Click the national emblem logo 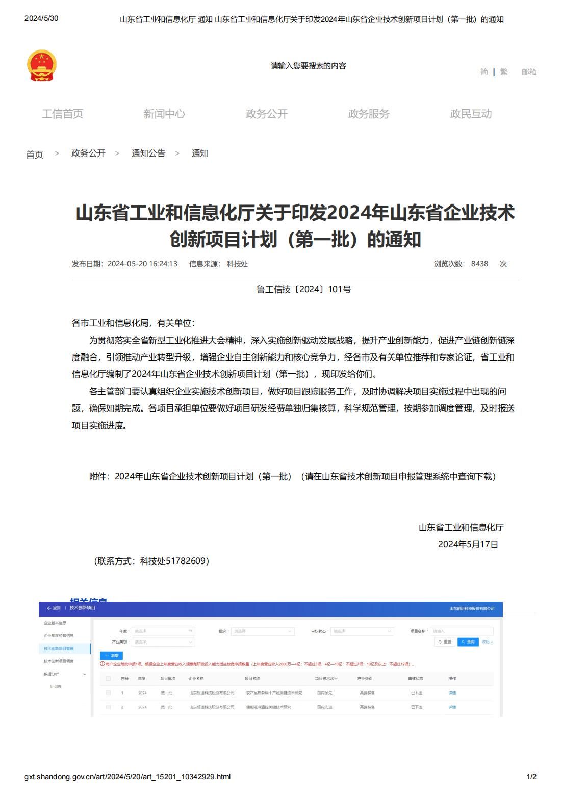41,65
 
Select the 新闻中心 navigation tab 164,114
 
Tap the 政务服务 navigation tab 368,114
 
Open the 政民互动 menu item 471,114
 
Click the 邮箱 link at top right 529,72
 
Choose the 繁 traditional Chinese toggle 504,72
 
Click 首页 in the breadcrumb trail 35,154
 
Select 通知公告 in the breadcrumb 148,153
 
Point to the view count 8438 479,264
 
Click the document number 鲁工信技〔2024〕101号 303,289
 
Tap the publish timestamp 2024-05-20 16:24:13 142,264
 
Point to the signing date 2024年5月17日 468,544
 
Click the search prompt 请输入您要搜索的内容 309,66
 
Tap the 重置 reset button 445,642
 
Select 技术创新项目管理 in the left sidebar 59,648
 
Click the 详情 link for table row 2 452,707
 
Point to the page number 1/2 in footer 531,777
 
